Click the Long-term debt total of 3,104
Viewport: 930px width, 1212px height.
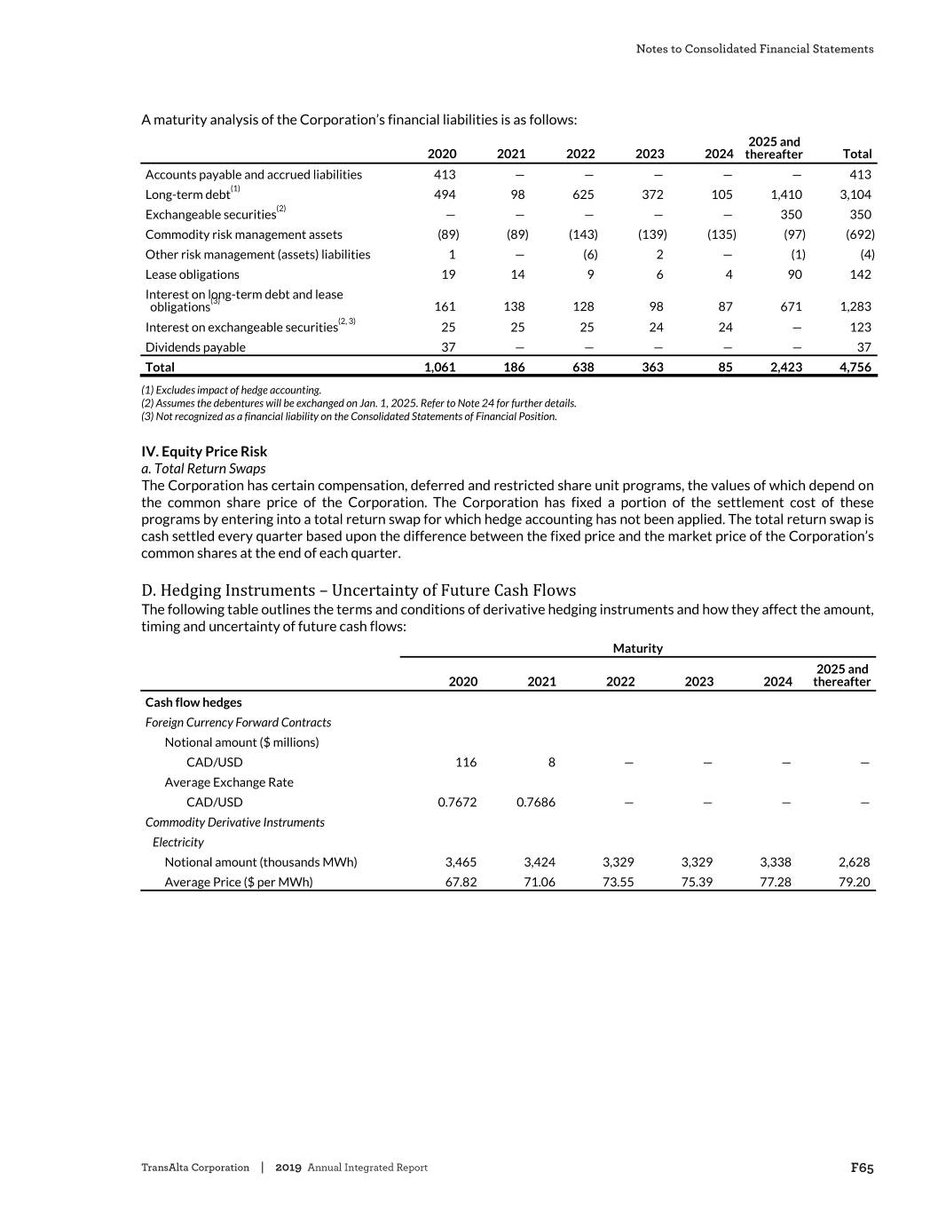855,194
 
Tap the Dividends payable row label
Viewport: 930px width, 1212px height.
195,347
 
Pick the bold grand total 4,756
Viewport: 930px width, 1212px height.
855,367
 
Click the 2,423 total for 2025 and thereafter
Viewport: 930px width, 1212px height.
785,367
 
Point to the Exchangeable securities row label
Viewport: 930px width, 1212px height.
210,215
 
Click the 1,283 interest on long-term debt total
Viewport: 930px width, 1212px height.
855,306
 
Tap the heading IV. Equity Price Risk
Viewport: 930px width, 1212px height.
204,451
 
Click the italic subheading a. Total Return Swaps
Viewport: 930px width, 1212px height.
203,468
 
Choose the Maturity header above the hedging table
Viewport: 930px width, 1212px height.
637,648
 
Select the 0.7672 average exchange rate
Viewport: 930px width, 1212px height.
457,802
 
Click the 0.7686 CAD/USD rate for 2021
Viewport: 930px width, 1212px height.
536,802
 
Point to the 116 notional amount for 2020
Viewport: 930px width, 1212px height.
466,762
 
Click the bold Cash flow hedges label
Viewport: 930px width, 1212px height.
193,702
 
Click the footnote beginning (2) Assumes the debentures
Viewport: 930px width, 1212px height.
359,403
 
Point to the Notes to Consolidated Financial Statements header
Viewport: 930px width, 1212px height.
754,49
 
